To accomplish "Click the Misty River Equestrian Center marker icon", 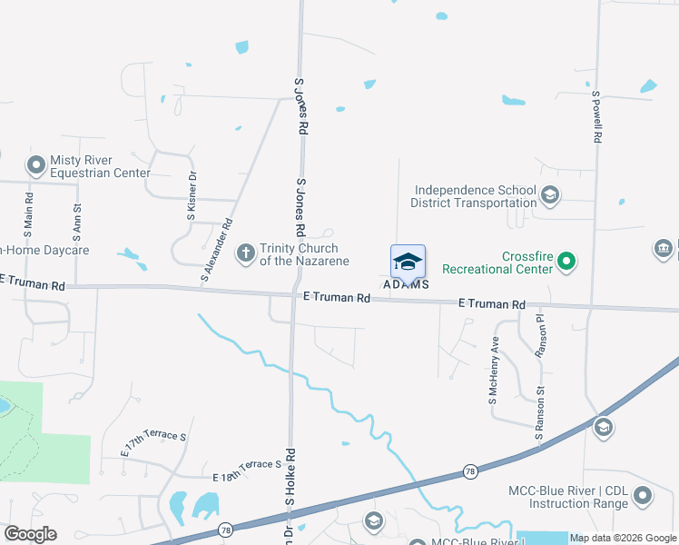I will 36,165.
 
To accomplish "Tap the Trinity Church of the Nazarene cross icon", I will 245,253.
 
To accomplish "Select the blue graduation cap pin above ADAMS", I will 408,262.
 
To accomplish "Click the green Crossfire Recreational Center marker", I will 567,263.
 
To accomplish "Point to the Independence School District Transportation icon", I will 549,196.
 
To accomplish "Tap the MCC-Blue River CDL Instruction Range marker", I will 643,496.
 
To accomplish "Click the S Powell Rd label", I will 597,116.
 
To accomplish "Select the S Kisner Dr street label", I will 192,196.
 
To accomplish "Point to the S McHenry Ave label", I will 494,371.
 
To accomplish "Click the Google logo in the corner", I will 30,534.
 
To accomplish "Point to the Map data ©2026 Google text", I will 622,538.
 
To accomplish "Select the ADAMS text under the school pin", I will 406,284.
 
